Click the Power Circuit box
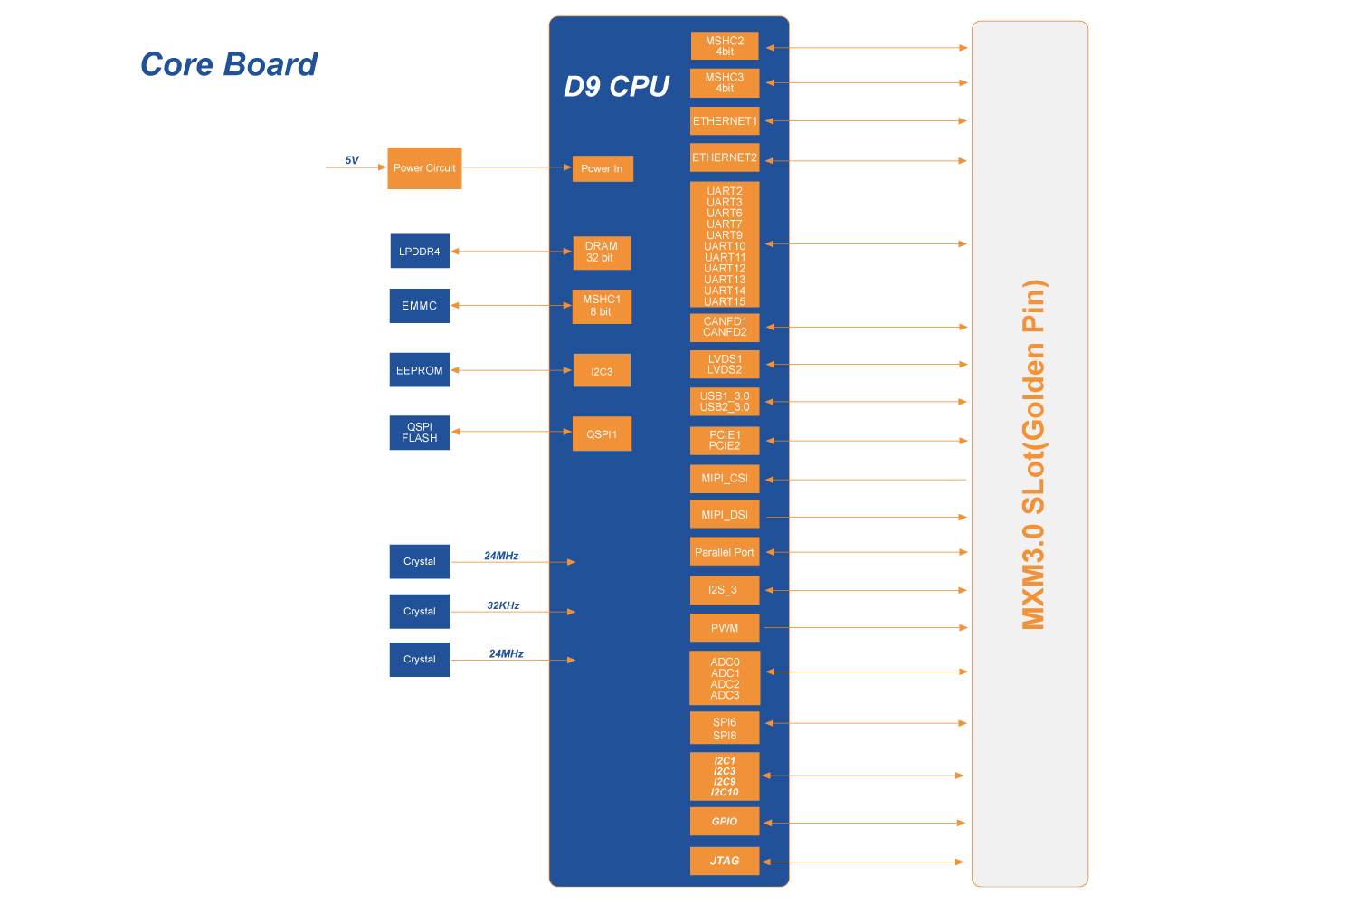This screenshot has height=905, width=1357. click(x=424, y=168)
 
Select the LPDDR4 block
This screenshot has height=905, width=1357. click(x=419, y=252)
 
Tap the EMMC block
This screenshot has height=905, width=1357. click(x=419, y=306)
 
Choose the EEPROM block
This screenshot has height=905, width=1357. click(x=419, y=370)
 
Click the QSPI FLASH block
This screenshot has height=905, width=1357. click(x=419, y=433)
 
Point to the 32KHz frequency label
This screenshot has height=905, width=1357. click(x=503, y=605)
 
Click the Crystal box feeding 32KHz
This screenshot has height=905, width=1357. click(x=419, y=612)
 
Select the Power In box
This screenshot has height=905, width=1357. click(x=602, y=168)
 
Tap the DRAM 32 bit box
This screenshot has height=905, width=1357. click(x=601, y=252)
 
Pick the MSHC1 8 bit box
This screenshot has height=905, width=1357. click(x=601, y=306)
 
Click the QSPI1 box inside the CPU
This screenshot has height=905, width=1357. click(x=601, y=434)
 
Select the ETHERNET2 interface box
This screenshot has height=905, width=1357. click(x=724, y=157)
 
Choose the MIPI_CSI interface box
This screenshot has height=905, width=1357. click(x=724, y=479)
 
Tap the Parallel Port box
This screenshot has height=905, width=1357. click(x=724, y=552)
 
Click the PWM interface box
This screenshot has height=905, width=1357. click(x=724, y=628)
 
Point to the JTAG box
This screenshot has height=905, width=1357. click(x=724, y=861)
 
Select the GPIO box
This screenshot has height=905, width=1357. click(x=724, y=822)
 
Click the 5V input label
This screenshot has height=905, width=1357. click(x=352, y=160)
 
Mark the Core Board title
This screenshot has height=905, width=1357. click(x=229, y=65)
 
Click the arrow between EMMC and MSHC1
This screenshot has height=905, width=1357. click(x=511, y=306)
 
